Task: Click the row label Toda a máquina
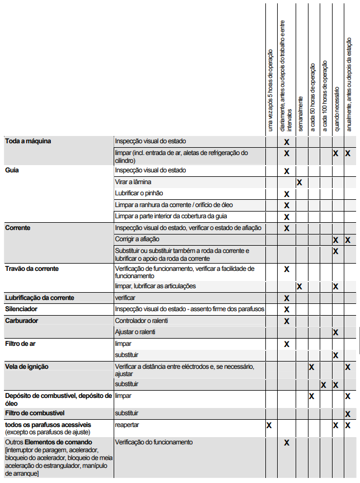[28, 141]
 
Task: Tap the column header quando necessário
[337, 109]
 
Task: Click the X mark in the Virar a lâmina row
[300, 182]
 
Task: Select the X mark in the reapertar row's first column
[269, 425]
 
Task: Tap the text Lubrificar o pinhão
[139, 194]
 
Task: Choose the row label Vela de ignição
[27, 367]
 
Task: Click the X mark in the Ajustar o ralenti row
[335, 332]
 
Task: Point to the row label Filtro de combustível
[35, 413]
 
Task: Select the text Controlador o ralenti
[141, 321]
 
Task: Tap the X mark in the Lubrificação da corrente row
[287, 298]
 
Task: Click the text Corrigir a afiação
[137, 240]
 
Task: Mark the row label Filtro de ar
[21, 343]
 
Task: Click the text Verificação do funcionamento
[154, 442]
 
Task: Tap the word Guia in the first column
[12, 170]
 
